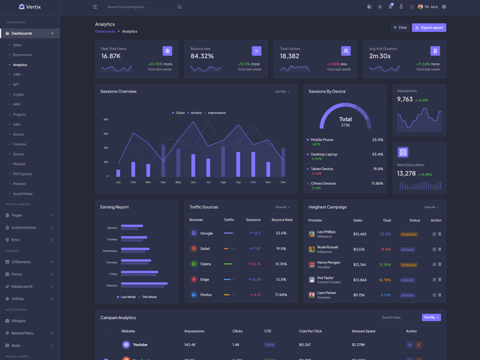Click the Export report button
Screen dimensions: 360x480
(429, 28)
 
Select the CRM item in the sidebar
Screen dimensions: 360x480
(17, 74)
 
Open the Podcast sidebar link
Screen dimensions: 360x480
(20, 184)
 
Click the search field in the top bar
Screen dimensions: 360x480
(141, 7)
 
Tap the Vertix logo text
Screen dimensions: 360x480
(34, 7)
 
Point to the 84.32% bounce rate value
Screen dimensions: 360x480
(202, 56)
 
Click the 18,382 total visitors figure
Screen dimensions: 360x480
(289, 56)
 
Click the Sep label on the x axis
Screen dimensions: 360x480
(238, 182)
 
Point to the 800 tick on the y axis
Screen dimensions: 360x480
(106, 119)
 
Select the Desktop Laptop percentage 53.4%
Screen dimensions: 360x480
(377, 154)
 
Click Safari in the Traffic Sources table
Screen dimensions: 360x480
(205, 248)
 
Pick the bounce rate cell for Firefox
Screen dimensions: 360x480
(281, 295)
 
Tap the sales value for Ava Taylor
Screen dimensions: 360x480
(360, 280)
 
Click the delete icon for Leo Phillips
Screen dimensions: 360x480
(440, 234)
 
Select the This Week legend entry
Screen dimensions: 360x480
(149, 297)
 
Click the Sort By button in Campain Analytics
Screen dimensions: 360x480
(431, 317)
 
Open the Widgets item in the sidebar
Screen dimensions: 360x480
(19, 321)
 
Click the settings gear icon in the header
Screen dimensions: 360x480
(444, 7)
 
